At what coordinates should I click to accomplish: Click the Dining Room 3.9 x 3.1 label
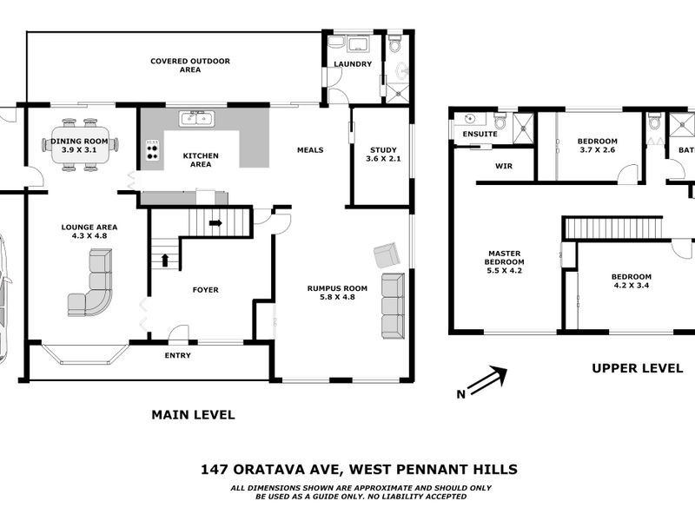79,145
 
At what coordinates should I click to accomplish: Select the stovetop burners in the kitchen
154,152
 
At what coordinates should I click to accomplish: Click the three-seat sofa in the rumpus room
394,305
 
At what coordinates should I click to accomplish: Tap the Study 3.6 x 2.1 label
382,154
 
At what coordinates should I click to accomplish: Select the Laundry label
354,64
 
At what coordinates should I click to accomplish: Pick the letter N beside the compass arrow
460,395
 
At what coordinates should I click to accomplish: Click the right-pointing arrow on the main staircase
215,223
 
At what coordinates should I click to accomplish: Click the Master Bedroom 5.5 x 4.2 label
504,263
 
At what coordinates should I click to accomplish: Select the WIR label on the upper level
503,165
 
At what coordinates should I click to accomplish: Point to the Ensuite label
480,135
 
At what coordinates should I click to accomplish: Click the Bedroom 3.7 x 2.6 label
598,146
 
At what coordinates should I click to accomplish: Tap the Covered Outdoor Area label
189,65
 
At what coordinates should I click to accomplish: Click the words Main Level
193,415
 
